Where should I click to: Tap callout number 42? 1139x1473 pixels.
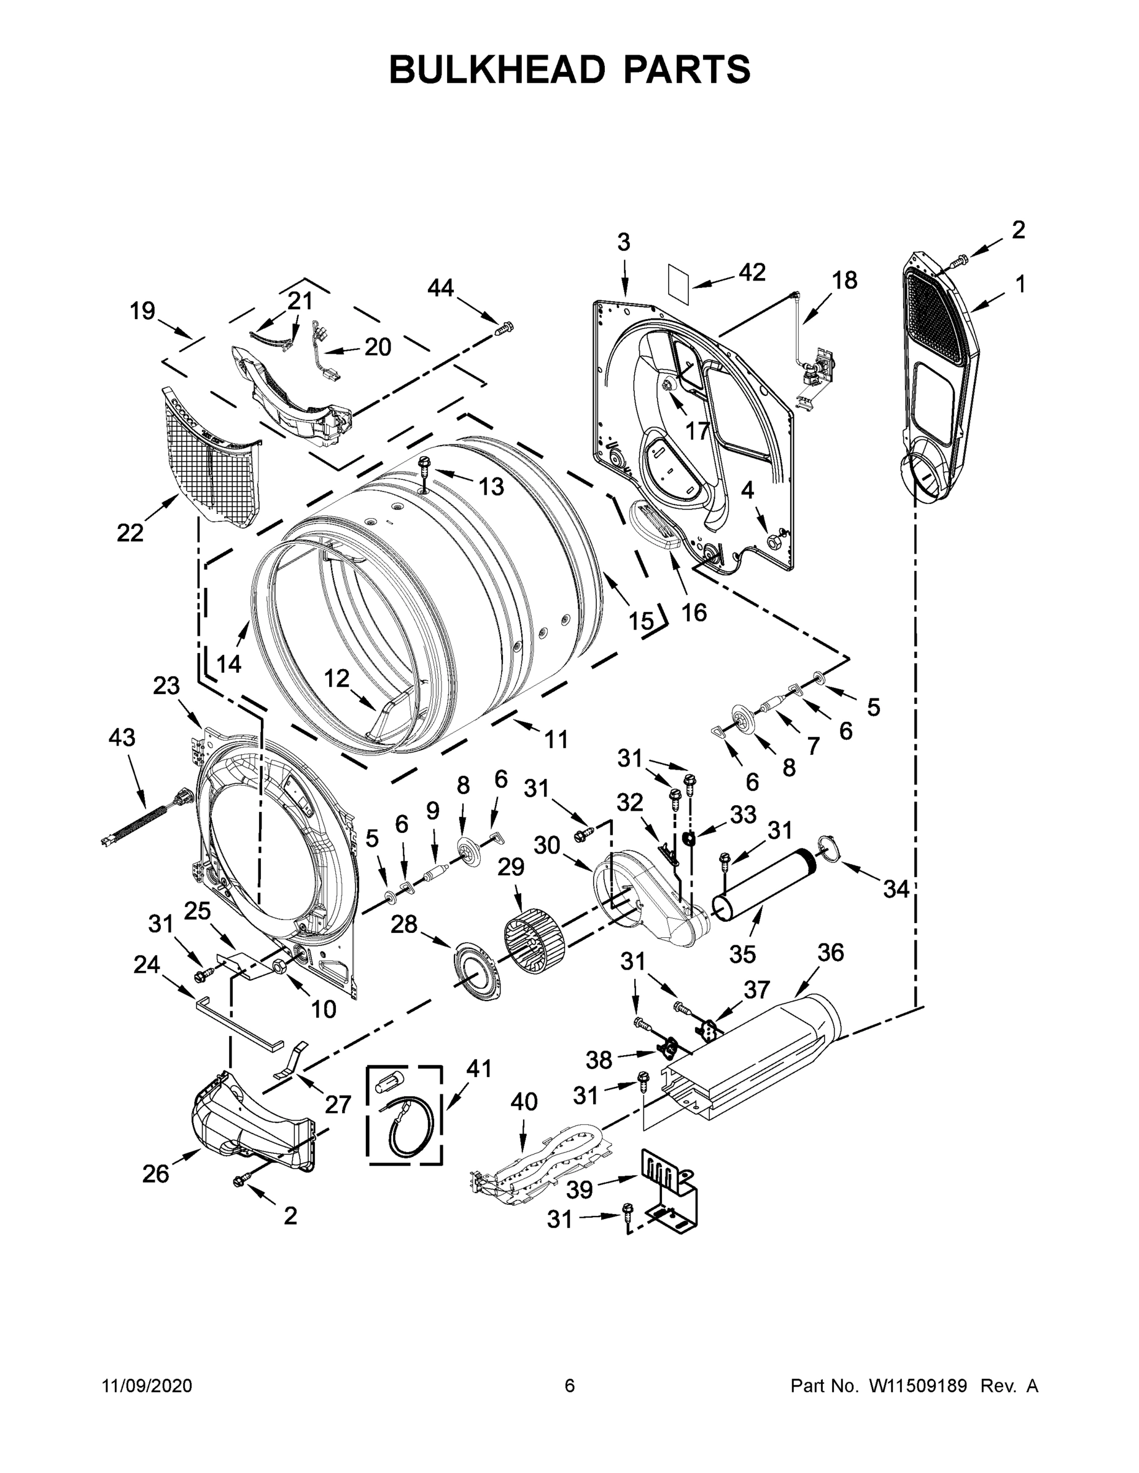(752, 273)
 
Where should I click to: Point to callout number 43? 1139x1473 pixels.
(122, 737)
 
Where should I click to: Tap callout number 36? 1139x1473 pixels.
(831, 953)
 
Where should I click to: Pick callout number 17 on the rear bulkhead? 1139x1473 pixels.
(697, 430)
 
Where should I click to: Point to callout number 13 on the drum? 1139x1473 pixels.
(491, 485)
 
